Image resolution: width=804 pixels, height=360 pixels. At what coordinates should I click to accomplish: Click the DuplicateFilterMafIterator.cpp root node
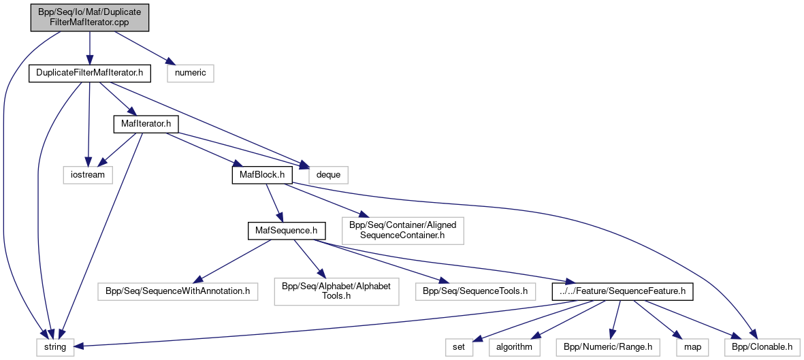(89, 17)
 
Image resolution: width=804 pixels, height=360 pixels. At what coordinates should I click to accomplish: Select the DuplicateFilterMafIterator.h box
(89, 73)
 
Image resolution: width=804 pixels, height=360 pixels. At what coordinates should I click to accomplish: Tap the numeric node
(191, 73)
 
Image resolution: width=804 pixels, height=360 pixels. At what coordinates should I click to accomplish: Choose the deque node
(329, 174)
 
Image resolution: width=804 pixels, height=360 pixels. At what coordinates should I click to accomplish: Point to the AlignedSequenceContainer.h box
(403, 231)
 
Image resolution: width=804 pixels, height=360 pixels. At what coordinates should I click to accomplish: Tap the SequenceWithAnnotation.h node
(178, 291)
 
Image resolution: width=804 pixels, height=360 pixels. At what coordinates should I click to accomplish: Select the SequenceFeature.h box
(622, 291)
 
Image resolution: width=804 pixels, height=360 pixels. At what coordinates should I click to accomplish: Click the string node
(55, 347)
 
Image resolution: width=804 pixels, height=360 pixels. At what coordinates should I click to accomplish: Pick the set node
(459, 347)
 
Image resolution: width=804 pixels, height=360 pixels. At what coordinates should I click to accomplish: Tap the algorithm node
(514, 347)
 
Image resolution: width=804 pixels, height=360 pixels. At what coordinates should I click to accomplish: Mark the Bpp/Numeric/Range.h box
(607, 347)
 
